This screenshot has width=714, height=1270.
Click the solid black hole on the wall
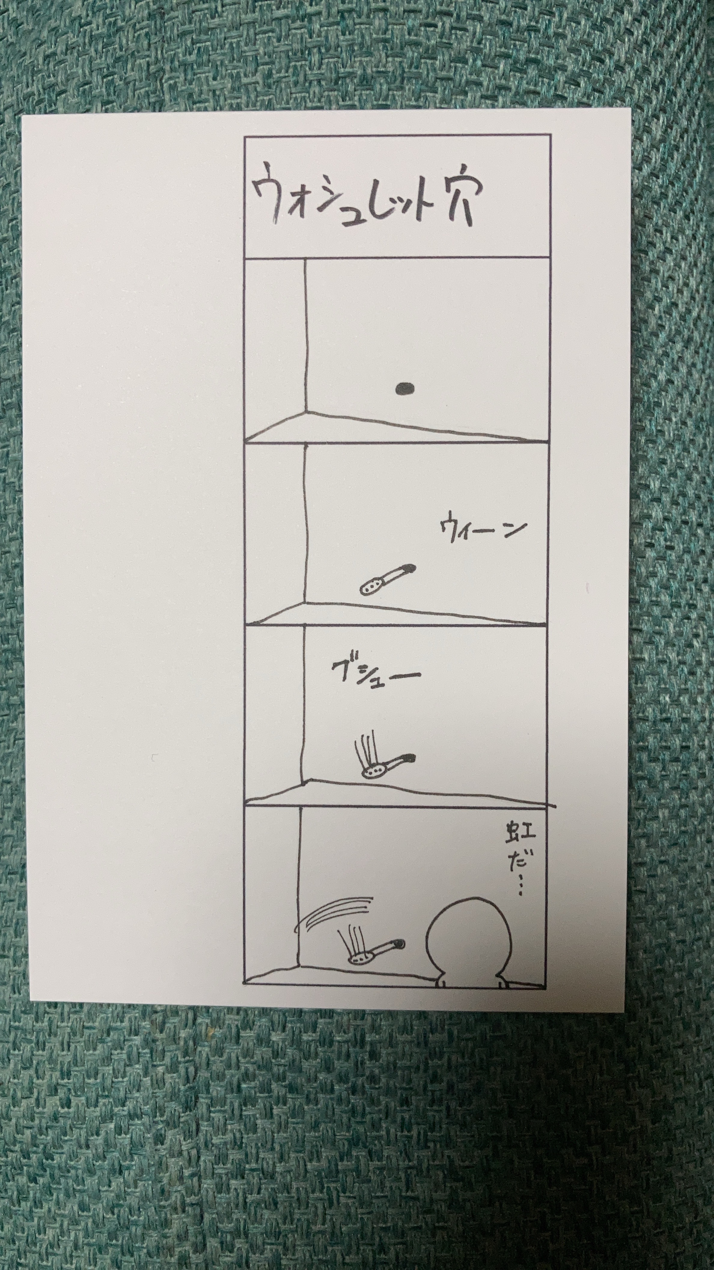click(x=404, y=389)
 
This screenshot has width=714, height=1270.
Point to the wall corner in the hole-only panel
click(x=306, y=411)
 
